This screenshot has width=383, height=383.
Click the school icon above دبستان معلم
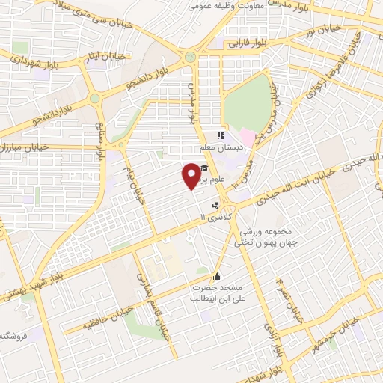[x=221, y=136]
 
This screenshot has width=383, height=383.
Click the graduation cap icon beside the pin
[x=204, y=168]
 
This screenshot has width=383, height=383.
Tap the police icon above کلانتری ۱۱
[x=216, y=206]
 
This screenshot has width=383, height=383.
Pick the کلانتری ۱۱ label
[x=218, y=216]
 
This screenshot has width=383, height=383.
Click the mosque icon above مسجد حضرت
[x=218, y=276]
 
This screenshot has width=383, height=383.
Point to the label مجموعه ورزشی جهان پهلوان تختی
[x=266, y=237]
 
